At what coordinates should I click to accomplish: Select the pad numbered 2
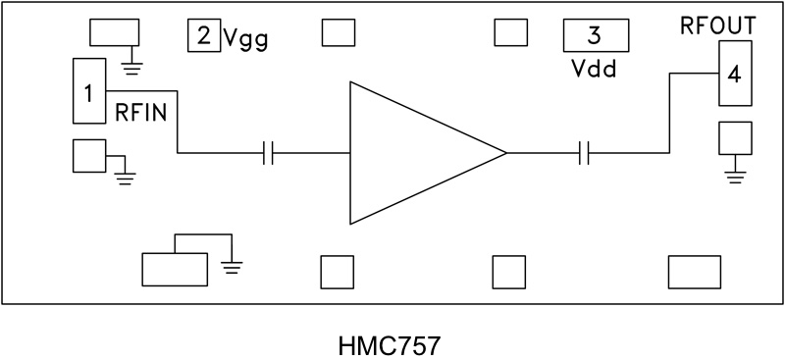coord(203,36)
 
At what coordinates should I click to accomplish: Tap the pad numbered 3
coord(595,36)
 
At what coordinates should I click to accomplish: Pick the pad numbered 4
coord(734,75)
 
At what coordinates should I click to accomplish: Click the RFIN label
coord(146,112)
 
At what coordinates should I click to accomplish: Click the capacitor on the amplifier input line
coord(269,153)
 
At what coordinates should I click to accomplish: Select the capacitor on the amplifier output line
coord(584,153)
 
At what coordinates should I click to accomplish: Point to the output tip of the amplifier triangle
coord(504,153)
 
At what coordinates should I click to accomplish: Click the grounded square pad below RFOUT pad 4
coord(735,136)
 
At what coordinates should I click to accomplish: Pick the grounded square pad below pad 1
coord(88,156)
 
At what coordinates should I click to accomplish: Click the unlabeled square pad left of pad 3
coord(510,33)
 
